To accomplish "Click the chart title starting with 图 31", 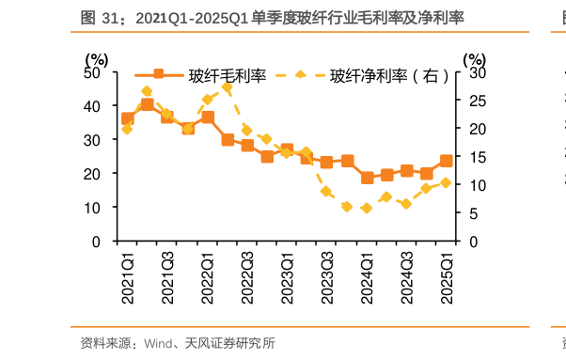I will point(274,18).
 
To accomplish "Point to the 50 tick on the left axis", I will point(92,72).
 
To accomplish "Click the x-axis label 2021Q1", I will point(128,276).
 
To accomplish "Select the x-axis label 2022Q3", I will point(247,276).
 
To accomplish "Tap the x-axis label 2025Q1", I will point(447,276).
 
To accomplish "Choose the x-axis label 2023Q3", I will point(327,276).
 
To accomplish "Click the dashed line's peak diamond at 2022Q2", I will point(228,87).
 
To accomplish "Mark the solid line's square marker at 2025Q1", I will point(446,161).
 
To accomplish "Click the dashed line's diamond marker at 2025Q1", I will point(446,182).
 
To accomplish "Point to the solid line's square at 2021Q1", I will point(128,118).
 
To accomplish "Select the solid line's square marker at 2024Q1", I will point(367,178).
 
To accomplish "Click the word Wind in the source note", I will point(157,343).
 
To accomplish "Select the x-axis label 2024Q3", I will point(406,276).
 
